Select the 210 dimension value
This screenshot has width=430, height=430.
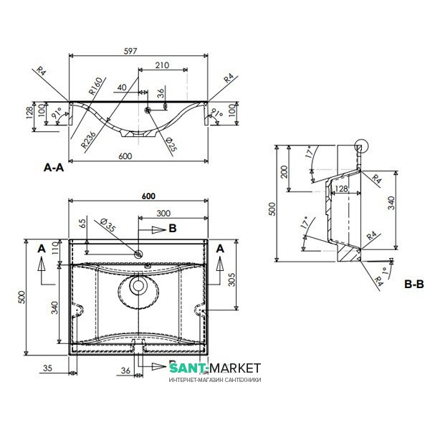coord(161,66)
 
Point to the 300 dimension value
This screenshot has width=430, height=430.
coord(163,214)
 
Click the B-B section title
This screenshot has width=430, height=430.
coord(415,285)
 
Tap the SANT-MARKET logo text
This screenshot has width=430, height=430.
coord(216,368)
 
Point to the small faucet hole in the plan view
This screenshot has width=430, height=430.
coord(138,252)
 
